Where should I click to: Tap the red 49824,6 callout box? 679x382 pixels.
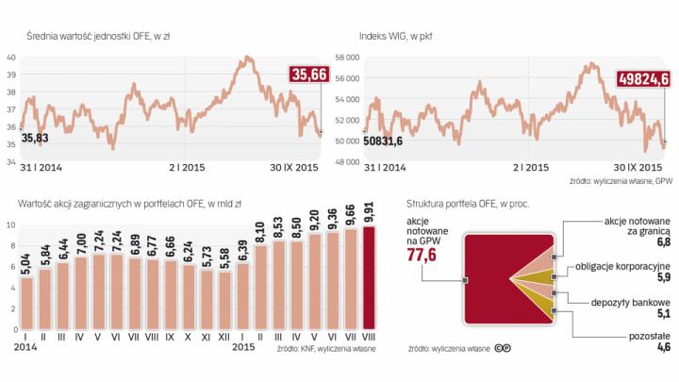(644, 81)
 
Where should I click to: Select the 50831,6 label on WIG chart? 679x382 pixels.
(383, 141)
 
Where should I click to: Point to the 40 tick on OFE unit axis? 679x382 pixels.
(10, 58)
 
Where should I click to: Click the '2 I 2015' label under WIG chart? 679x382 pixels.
(529, 167)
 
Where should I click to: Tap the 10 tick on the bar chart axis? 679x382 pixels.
(9, 225)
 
